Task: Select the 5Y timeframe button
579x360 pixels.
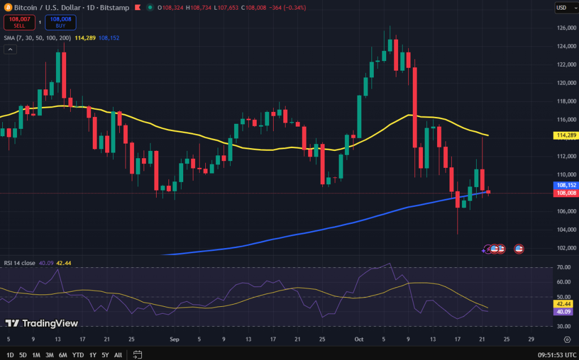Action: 105,355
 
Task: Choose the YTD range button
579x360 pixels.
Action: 78,355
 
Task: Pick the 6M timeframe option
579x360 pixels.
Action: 63,355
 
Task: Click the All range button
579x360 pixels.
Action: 118,355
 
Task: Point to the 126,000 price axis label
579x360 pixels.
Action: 566,28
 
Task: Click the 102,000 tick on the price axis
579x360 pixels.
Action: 566,248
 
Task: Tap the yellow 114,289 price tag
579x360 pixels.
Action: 566,136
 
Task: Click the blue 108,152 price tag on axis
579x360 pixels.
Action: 566,185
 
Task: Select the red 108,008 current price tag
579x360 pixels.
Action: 566,193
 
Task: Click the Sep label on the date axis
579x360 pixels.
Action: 174,340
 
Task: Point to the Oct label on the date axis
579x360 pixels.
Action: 358,340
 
